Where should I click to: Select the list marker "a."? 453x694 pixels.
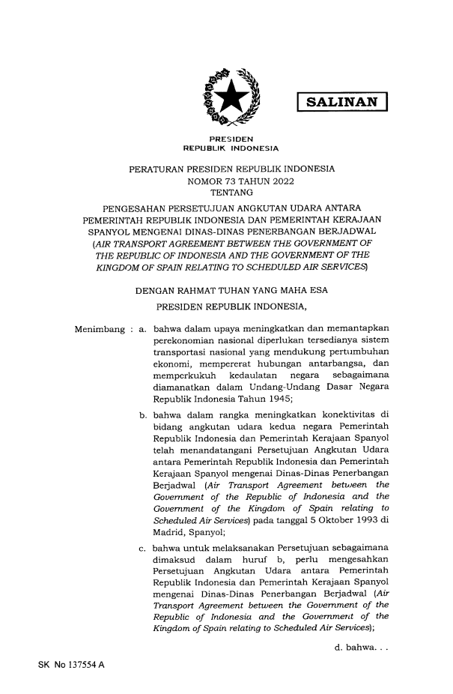[142, 307]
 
